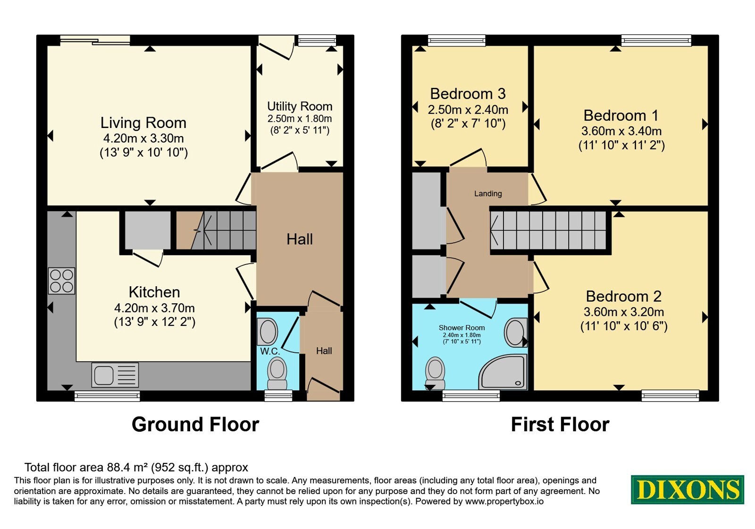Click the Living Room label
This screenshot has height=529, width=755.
coord(143,123)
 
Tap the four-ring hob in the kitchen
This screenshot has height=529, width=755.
coord(61,281)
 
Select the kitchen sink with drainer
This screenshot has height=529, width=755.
coord(115,375)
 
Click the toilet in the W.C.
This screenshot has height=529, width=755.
coord(277,374)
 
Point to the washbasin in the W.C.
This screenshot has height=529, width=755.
coord(268,331)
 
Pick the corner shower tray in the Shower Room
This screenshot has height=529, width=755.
coord(503,372)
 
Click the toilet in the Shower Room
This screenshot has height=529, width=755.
coord(435,373)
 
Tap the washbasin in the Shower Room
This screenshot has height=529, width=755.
coord(516,333)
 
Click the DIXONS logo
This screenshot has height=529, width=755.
coord(687,489)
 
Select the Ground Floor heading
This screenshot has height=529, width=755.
coord(195,424)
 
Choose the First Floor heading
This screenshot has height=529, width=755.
coord(560,424)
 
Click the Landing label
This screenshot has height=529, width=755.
coord(488,193)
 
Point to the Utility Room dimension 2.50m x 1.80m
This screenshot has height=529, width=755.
coord(300,119)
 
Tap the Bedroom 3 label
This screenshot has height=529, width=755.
coord(468,94)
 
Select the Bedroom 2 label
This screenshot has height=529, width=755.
coord(623,297)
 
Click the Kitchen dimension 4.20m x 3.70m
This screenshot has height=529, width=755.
coord(154,308)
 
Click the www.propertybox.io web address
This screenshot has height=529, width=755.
coord(504,501)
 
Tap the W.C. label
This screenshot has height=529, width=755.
coord(270,351)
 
